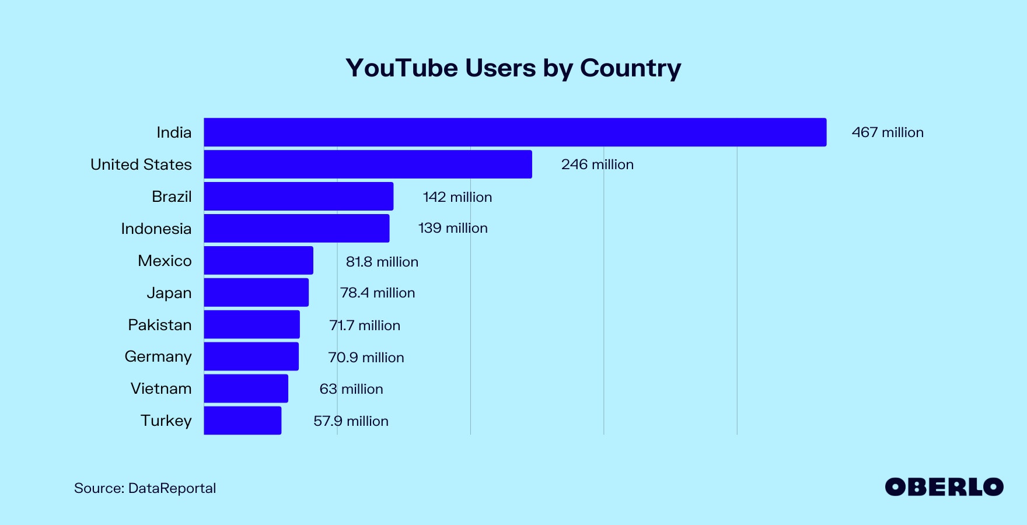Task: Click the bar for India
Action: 515,132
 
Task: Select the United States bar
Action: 368,164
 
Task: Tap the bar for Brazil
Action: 298,197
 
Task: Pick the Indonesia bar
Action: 296,229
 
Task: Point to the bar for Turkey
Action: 242,421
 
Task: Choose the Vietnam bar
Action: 246,388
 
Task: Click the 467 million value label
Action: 888,132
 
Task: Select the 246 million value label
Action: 597,164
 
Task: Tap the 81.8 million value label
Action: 382,262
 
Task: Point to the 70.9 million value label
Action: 366,358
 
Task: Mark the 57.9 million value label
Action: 351,421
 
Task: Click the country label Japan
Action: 169,293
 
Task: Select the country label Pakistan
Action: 159,325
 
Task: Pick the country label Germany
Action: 158,356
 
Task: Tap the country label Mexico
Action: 165,261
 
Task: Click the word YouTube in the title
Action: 401,68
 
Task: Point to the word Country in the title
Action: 630,68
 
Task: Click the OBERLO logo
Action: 944,487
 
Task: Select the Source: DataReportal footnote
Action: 145,488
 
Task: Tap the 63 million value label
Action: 351,389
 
